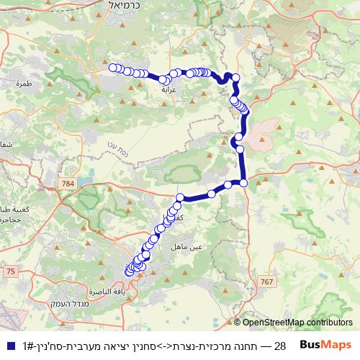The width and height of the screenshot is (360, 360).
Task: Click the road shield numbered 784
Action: [68, 185]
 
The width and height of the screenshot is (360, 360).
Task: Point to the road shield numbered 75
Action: [10, 270]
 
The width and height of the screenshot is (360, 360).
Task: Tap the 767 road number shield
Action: [269, 281]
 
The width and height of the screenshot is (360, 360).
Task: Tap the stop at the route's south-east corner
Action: [243, 183]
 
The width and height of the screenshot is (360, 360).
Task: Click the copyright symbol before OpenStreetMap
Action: [238, 323]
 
